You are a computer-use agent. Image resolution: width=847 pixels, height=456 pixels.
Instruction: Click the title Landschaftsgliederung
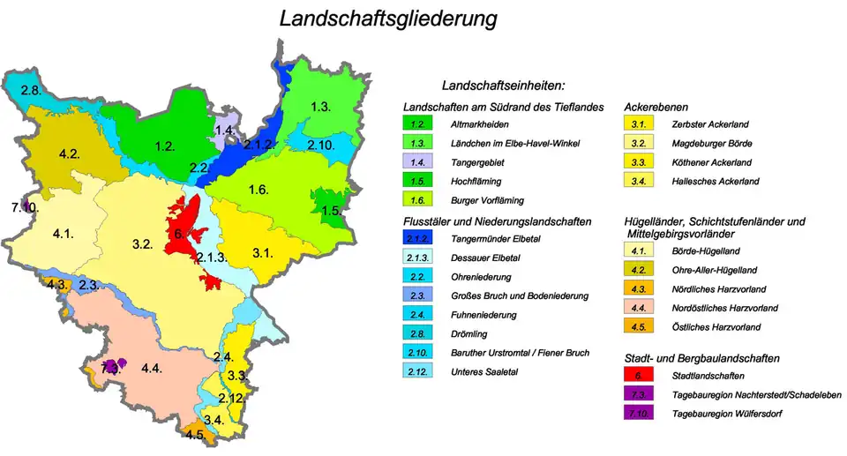[387, 19]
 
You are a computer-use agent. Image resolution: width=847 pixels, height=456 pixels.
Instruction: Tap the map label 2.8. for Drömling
[31, 91]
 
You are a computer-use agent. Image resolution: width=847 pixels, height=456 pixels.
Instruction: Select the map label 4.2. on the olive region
[70, 154]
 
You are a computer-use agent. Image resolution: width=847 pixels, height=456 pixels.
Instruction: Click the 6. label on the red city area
[178, 234]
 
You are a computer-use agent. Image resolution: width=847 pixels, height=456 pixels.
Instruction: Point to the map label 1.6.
[259, 190]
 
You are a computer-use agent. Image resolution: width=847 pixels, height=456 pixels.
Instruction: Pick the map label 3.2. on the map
[143, 243]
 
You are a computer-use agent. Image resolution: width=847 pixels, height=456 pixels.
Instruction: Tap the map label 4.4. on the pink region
[152, 367]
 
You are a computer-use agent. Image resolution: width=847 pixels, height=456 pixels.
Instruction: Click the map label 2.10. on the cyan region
[320, 145]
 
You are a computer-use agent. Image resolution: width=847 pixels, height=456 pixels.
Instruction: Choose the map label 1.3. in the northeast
[320, 107]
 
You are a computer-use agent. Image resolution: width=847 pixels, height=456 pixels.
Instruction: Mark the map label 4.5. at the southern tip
[195, 435]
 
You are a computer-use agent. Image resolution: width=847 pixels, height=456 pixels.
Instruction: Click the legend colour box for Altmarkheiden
[418, 123]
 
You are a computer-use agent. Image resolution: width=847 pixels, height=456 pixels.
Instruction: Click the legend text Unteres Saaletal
[483, 372]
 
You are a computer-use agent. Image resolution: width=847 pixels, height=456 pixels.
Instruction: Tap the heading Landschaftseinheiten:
[503, 86]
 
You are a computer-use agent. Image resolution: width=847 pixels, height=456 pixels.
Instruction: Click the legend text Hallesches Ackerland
[716, 182]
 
